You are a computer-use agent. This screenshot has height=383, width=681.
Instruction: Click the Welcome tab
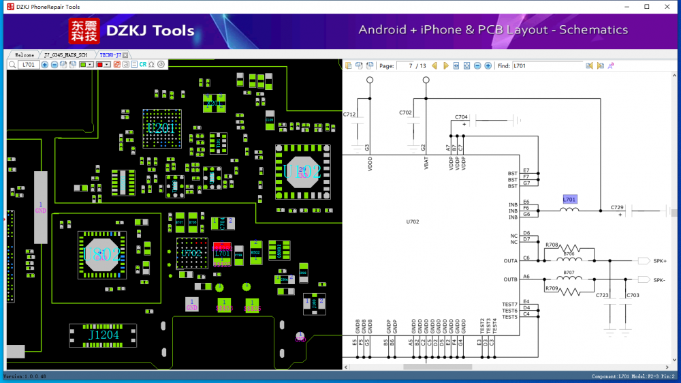(25, 55)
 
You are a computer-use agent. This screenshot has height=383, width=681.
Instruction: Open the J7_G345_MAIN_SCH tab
(66, 55)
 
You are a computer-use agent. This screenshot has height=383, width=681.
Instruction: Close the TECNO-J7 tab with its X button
(125, 55)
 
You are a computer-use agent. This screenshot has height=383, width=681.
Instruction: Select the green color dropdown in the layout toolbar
(86, 65)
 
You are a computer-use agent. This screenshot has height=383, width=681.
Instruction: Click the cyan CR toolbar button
(143, 65)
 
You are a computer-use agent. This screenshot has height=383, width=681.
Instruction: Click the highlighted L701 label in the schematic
(569, 200)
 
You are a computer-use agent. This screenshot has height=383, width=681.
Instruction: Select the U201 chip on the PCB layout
(161, 127)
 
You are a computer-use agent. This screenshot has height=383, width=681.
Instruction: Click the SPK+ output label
(660, 261)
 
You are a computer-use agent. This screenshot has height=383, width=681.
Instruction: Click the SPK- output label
(659, 280)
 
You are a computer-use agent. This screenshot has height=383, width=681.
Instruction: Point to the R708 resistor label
(552, 244)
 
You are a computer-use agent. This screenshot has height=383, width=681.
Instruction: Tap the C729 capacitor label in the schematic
(617, 206)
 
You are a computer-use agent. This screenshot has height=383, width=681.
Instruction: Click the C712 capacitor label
(349, 114)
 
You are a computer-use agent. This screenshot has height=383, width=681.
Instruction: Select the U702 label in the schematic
(413, 221)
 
